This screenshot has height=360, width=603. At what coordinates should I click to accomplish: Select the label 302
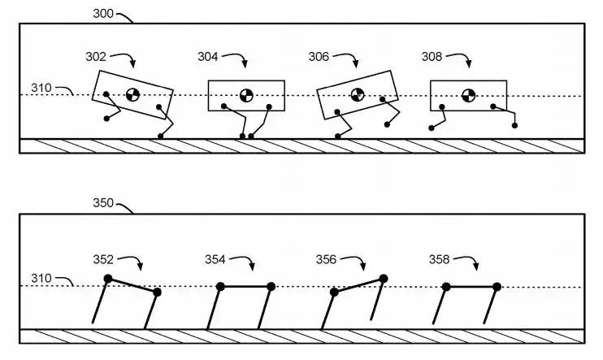click(x=96, y=56)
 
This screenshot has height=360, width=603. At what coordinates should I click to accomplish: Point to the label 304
click(x=209, y=56)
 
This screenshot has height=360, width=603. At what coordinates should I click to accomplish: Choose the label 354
click(x=216, y=259)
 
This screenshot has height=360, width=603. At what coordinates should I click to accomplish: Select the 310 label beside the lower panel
click(x=42, y=280)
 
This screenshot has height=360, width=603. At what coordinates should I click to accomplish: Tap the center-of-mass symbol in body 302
click(x=132, y=95)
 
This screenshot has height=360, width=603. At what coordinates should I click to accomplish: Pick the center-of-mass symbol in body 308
click(x=467, y=95)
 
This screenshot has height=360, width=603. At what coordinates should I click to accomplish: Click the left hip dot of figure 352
click(x=108, y=280)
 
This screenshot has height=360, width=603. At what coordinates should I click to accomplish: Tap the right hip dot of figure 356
click(x=383, y=279)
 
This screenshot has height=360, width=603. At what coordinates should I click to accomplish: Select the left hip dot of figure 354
click(x=220, y=286)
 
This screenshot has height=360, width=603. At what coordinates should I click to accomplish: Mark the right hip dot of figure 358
click(x=497, y=286)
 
